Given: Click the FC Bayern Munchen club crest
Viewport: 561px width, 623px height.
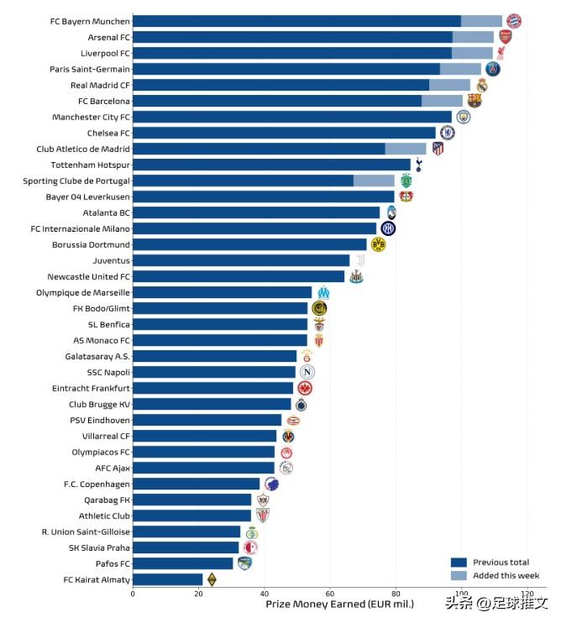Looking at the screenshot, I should tap(513, 21).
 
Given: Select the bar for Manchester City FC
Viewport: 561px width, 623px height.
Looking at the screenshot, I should tap(291, 117).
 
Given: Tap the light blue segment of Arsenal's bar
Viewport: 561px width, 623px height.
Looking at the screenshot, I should tap(473, 37).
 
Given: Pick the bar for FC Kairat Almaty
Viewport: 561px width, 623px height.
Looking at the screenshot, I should tap(167, 579).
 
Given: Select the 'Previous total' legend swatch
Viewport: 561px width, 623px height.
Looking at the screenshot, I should tap(459, 563).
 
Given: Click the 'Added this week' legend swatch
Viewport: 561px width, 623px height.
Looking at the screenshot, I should tap(459, 575).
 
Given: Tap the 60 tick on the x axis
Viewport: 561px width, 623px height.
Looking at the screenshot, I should tap(329, 594).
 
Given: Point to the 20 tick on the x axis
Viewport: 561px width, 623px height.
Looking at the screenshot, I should tap(198, 594).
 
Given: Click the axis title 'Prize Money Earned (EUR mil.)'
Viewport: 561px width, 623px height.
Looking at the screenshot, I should tap(340, 604).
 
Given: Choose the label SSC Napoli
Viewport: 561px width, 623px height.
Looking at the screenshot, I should tap(108, 372).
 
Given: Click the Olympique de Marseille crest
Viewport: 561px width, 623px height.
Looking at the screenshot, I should tap(323, 292).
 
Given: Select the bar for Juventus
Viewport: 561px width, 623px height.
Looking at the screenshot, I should tap(241, 260).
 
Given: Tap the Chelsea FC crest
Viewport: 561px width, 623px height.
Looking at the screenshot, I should tap(448, 133).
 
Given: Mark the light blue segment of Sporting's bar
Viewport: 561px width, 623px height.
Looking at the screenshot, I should tap(374, 181).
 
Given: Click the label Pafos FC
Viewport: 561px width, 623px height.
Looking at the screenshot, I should tap(113, 563).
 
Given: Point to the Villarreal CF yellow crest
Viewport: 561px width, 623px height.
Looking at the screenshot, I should tap(288, 436).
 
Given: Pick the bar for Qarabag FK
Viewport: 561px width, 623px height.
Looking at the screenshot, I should tap(192, 500).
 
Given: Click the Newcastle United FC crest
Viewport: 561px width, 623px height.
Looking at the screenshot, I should tap(356, 276).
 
